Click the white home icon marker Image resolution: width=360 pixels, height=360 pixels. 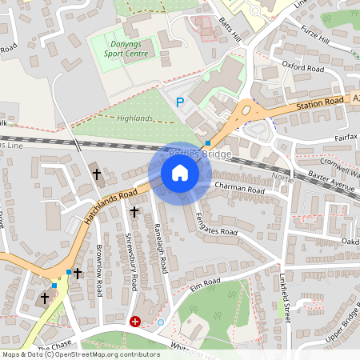pyautogui.click(x=179, y=173)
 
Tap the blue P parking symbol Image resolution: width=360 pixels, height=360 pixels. pyautogui.click(x=180, y=102)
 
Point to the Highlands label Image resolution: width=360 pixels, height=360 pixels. pyautogui.click(x=134, y=118)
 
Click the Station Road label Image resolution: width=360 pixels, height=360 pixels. pyautogui.click(x=317, y=102)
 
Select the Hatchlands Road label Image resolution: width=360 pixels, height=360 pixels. pyautogui.click(x=107, y=204)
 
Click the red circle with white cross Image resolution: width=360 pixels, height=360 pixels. pyautogui.click(x=135, y=322)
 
